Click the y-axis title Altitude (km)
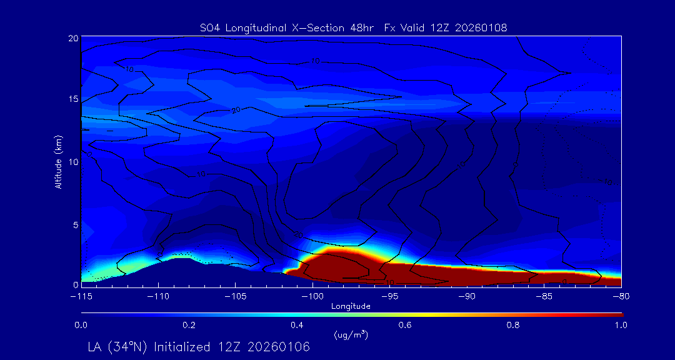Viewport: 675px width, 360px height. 59,161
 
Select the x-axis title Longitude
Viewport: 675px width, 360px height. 351,306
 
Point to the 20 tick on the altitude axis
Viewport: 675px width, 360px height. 73,38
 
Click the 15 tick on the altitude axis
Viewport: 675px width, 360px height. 73,100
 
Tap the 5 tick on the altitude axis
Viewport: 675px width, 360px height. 75,224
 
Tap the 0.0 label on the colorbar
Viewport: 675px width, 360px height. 81,325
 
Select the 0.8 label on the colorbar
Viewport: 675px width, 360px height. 514,325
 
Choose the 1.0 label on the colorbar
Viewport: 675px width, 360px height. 620,325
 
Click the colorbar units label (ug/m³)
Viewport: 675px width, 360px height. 351,334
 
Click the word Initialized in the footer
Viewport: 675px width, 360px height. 182,347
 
